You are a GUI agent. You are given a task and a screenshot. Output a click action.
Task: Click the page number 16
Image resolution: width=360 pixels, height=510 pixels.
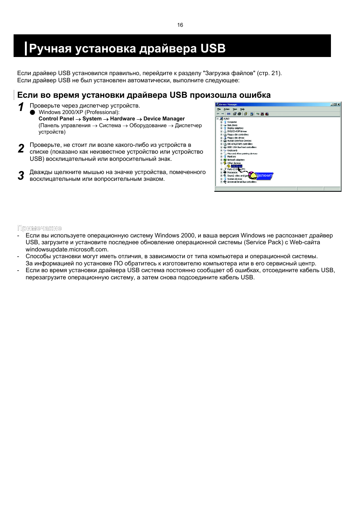(180, 25)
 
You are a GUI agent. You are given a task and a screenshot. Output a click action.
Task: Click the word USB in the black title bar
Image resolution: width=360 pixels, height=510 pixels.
(213, 49)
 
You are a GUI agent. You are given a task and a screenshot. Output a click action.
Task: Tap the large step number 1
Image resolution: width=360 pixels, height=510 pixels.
(21, 108)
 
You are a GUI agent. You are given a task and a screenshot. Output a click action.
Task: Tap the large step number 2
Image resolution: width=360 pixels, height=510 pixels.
(21, 149)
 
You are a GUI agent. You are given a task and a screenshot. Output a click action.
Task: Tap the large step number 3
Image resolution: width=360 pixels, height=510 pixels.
(21, 176)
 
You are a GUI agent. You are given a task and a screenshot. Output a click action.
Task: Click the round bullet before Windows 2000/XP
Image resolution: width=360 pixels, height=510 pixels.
(32, 112)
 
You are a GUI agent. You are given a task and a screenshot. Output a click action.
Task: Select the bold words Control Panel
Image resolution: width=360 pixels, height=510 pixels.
(56, 119)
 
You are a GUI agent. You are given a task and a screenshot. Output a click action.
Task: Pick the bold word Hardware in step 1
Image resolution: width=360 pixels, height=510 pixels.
(122, 119)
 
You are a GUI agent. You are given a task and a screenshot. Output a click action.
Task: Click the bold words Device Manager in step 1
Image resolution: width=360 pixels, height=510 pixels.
(164, 119)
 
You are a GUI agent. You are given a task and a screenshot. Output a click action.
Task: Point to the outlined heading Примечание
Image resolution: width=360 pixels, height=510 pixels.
(39, 228)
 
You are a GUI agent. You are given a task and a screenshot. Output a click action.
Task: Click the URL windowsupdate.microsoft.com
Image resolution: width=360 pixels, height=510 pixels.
(66, 250)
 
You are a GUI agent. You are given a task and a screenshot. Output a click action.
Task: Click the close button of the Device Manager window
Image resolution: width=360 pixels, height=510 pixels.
(338, 105)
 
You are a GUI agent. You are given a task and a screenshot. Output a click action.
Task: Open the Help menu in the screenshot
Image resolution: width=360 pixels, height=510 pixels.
(242, 109)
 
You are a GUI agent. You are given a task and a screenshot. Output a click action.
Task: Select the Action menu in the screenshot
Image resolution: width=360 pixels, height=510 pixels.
(226, 109)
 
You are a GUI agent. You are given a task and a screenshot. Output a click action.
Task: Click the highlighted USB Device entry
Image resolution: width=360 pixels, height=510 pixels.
(237, 166)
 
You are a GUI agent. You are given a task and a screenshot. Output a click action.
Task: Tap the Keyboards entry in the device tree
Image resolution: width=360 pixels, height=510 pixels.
(232, 150)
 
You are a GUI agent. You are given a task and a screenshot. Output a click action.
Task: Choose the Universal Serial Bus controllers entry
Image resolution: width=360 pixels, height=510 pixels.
(242, 182)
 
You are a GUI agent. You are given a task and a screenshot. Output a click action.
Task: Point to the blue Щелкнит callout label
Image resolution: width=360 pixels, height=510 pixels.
(264, 176)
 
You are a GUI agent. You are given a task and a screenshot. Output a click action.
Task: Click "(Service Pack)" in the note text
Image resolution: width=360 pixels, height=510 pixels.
(263, 242)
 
